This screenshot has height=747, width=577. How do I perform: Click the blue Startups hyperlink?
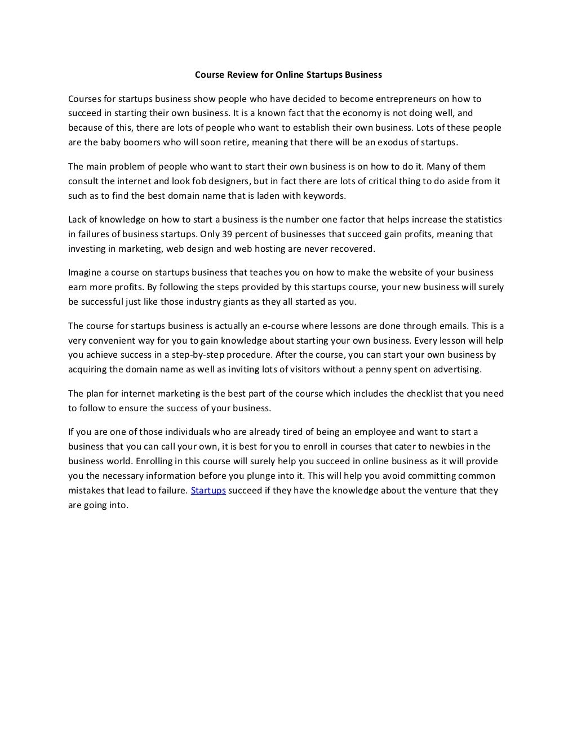click(208, 491)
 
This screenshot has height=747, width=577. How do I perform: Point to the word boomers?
click(140, 142)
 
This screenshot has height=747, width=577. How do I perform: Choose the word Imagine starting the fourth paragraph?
click(85, 273)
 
